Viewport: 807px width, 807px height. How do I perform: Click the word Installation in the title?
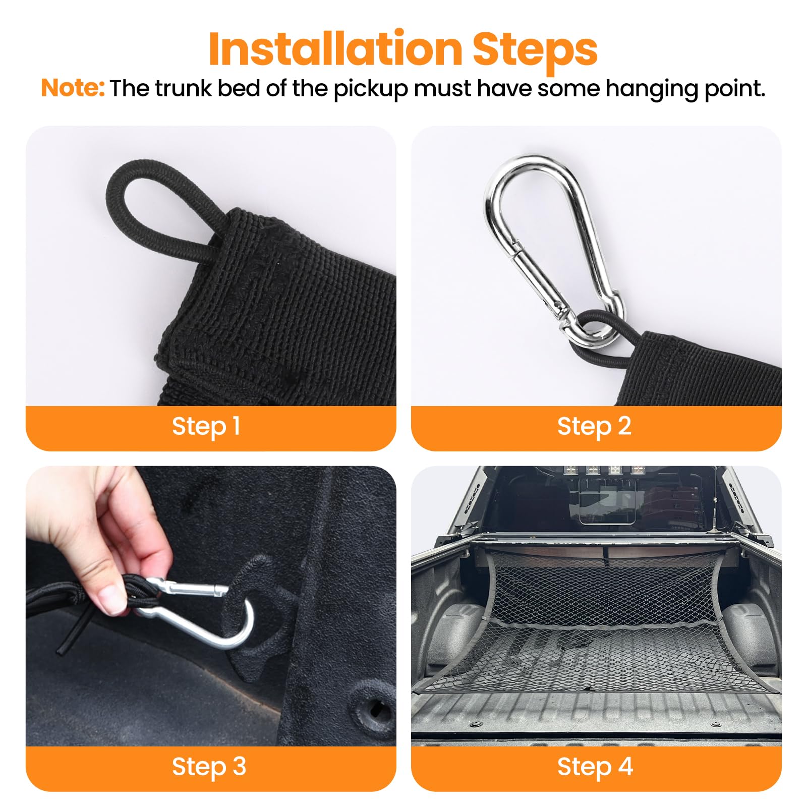(335, 49)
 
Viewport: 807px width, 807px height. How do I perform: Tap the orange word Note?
(73, 88)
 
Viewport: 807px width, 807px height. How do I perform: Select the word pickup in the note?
(370, 89)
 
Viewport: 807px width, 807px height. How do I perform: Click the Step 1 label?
(206, 427)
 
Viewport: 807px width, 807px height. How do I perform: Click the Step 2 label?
(594, 427)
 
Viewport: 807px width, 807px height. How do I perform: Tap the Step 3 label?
(209, 767)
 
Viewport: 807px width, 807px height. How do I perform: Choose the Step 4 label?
(595, 767)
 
